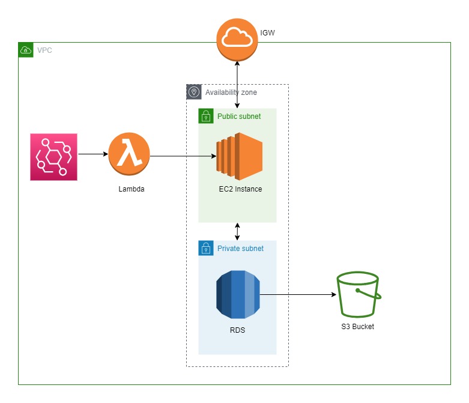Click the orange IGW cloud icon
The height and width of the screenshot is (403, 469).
237,39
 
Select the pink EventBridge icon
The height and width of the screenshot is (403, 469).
54,157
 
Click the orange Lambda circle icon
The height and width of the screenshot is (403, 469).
129,154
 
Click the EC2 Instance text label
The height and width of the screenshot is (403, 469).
240,189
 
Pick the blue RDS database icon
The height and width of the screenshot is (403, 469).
238,294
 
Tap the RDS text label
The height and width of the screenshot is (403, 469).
237,330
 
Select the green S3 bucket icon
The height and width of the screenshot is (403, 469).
358,294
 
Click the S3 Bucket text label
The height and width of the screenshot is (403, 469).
358,327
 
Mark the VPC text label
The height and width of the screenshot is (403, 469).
44,50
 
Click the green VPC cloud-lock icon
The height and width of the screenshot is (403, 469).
26,50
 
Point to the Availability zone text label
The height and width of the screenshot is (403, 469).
231,92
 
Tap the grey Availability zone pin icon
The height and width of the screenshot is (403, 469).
193,92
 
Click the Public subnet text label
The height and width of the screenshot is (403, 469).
239,116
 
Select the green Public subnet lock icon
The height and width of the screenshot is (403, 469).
206,116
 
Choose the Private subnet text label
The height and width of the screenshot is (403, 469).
240,248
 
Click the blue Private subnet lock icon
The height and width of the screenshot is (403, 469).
206,248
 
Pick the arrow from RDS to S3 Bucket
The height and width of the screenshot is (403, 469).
297,295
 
